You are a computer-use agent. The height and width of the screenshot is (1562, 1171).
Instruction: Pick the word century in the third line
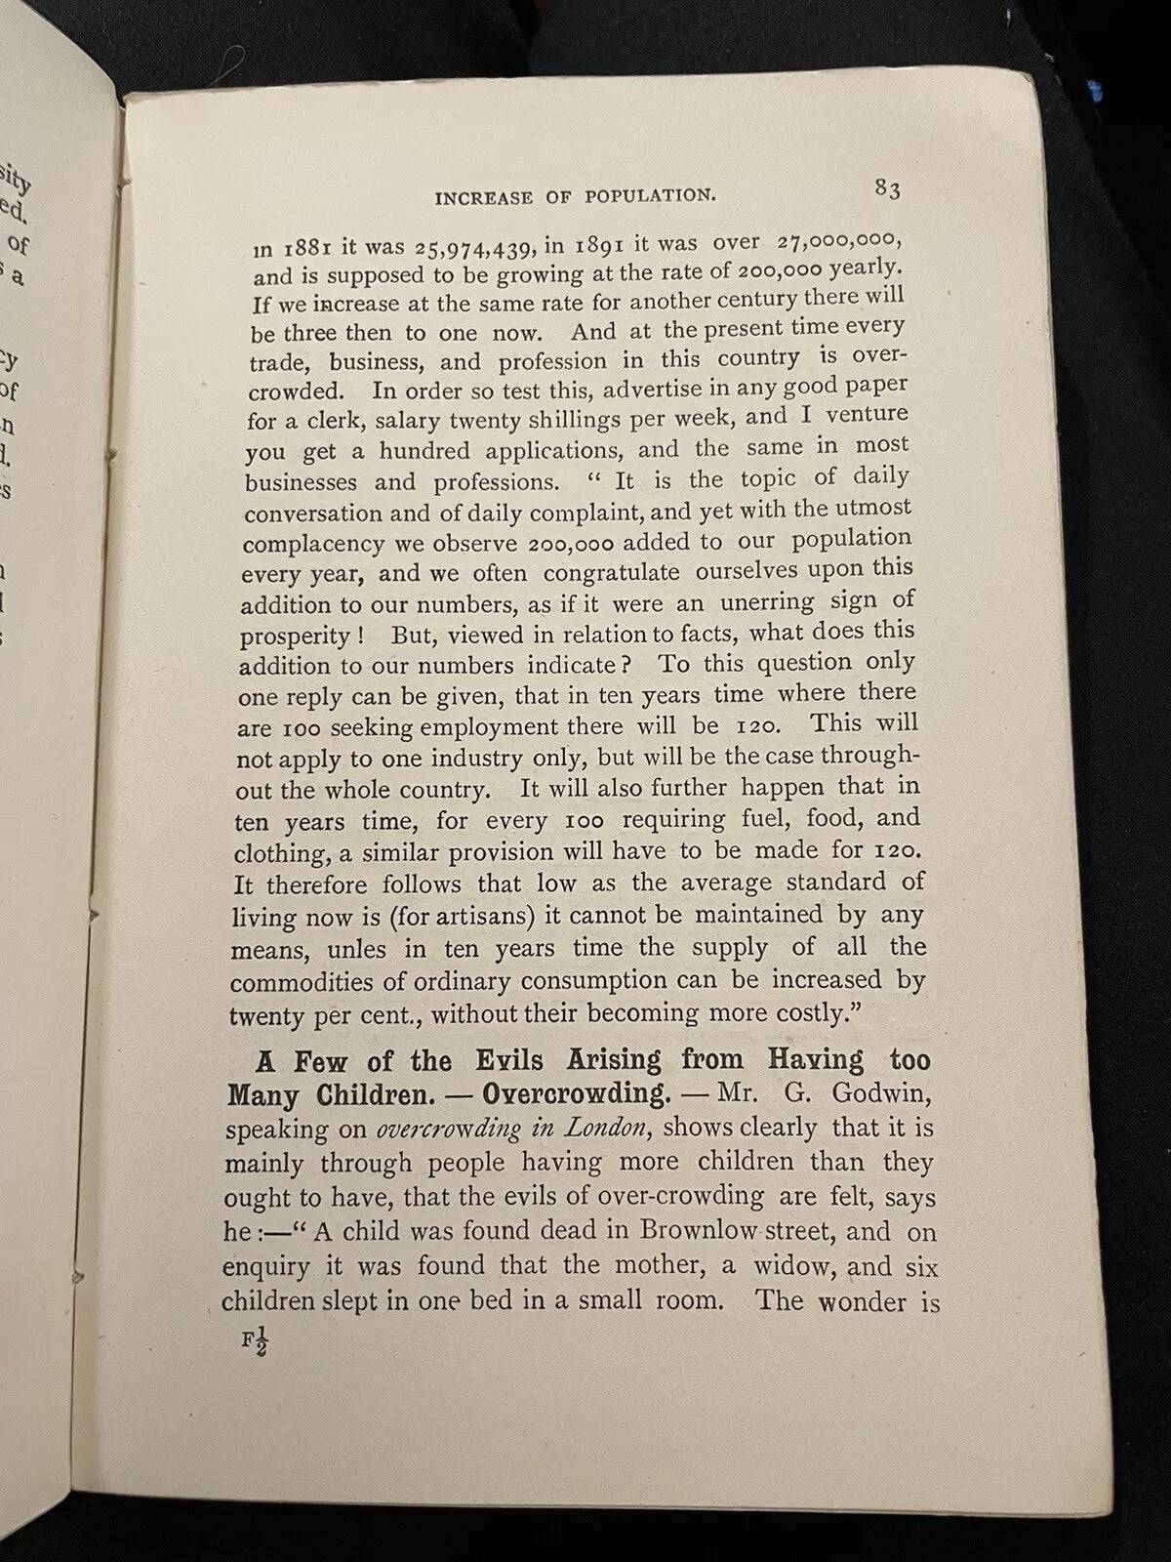click(x=765, y=299)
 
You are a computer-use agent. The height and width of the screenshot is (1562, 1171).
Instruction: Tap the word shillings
click(x=553, y=420)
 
